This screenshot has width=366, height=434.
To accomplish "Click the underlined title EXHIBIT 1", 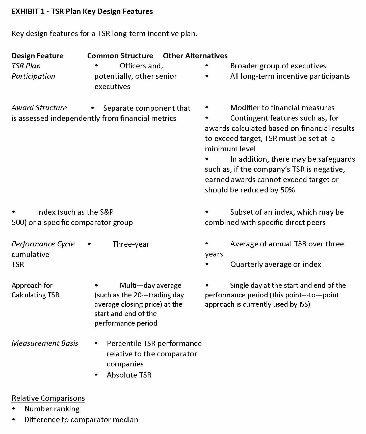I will tap(82, 12).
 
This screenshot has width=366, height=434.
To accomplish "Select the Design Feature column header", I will tap(38, 56).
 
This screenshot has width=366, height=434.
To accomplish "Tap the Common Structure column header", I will tap(120, 56).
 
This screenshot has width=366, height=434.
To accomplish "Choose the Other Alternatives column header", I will tap(195, 56).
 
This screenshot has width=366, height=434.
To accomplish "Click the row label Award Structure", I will tap(39, 108).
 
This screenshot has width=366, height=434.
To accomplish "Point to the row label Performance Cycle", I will tap(43, 244).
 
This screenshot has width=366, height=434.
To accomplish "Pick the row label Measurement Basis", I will tap(45, 343).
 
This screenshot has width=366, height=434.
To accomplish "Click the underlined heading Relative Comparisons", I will tap(48, 398).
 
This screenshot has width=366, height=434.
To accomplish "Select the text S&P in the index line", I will tap(107, 212).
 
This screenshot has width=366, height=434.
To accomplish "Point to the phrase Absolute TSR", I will tap(129, 375).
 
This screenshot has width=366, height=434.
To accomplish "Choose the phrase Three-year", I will tap(131, 244).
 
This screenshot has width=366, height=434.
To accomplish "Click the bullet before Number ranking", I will tap(14, 409).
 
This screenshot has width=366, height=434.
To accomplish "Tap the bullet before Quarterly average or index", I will tap(207, 264).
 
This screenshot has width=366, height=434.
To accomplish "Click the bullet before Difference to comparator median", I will tap(14, 419).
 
